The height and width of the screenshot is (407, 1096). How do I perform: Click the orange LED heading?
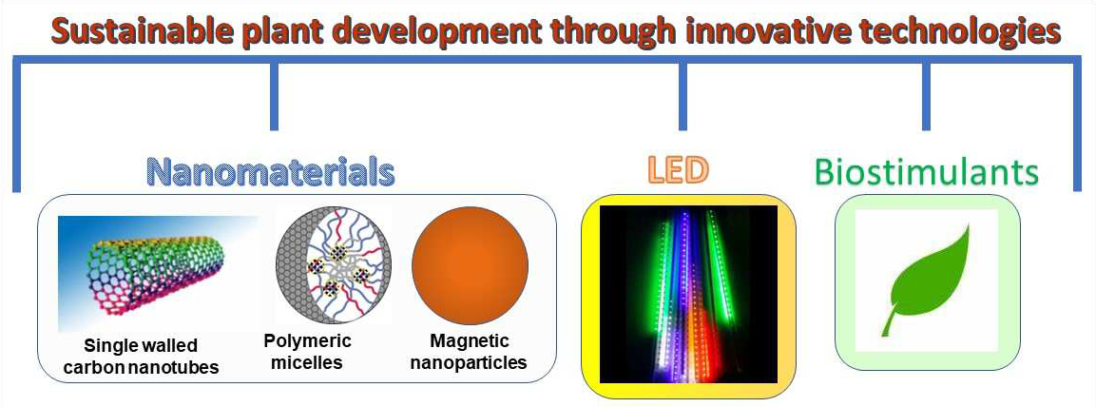[678, 170]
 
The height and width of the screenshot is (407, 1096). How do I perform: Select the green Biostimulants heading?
[927, 172]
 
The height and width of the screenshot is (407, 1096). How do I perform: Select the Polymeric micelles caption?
[308, 352]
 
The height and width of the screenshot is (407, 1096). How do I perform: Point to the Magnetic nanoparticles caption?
[469, 352]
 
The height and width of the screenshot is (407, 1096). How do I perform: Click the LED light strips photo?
[688, 295]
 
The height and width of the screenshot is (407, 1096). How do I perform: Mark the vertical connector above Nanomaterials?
[274, 96]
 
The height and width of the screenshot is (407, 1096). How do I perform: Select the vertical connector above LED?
[683, 96]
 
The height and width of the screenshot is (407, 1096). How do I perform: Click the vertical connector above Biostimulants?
[926, 96]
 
